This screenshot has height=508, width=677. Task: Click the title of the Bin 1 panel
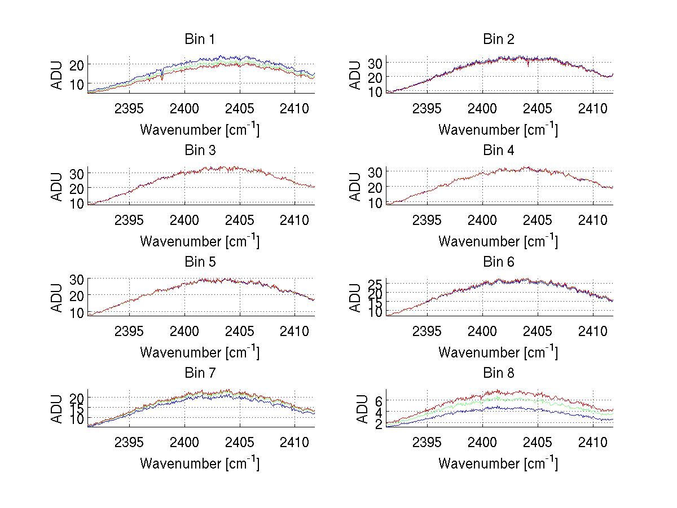click(199, 39)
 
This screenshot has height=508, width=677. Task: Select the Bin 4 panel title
click(499, 151)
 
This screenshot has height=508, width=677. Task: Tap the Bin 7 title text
click(199, 373)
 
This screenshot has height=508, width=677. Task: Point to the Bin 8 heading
click(499, 373)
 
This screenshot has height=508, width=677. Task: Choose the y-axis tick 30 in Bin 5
click(77, 280)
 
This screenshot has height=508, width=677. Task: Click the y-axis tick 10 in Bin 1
click(77, 84)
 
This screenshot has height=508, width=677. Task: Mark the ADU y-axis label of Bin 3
click(58, 186)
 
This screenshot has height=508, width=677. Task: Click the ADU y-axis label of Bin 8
click(356, 409)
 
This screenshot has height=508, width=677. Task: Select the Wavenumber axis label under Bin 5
click(200, 352)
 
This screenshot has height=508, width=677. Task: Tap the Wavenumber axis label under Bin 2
click(498, 130)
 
